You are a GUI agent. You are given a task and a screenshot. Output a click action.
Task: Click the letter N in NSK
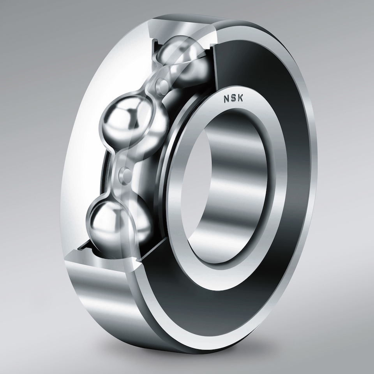tap(226, 99)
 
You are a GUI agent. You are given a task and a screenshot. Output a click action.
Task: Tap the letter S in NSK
tap(233, 98)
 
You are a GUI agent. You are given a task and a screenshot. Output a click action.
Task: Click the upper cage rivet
tap(163, 84)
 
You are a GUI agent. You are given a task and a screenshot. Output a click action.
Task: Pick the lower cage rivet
tap(125, 173)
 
